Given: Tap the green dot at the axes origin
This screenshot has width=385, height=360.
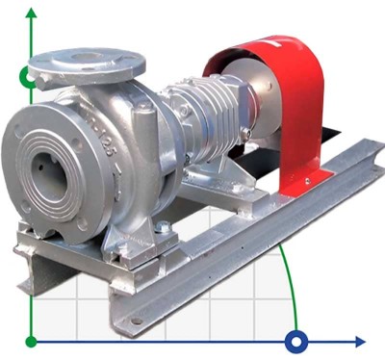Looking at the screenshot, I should [x=32, y=341].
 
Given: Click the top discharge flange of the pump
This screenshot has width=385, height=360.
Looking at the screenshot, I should [x=87, y=64].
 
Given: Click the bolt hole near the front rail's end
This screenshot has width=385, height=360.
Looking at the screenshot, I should [x=137, y=319].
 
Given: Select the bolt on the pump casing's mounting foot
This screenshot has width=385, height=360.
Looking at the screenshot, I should [x=163, y=228].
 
